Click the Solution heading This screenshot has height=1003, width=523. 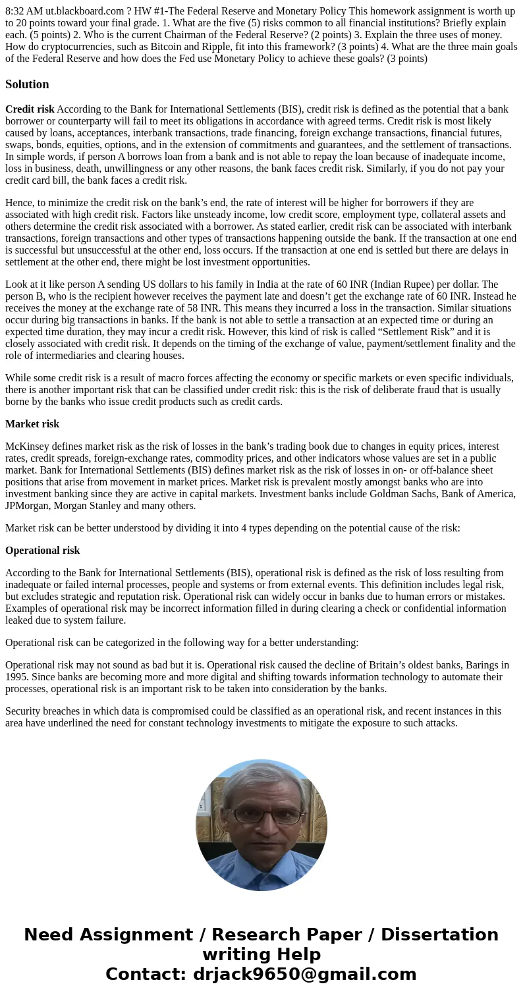27,84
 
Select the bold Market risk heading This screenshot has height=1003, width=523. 32,424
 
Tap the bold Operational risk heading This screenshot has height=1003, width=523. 42,551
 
